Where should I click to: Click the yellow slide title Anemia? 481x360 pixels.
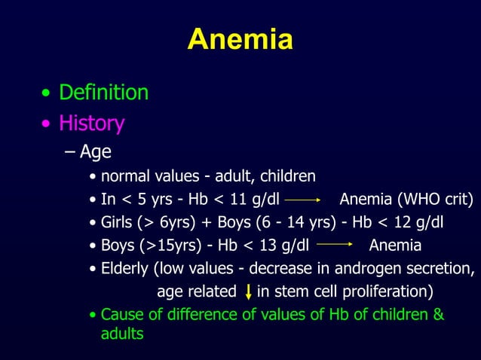240,39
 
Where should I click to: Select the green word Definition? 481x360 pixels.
103,93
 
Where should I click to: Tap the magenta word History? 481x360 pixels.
93,123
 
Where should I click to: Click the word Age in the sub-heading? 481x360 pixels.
96,152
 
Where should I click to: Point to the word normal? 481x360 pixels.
124,177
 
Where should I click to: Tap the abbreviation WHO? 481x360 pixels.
412,200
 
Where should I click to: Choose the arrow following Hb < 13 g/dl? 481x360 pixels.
335,246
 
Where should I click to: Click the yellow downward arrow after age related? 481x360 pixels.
248,292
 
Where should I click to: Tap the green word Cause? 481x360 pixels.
121,314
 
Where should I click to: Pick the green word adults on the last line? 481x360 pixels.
122,333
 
